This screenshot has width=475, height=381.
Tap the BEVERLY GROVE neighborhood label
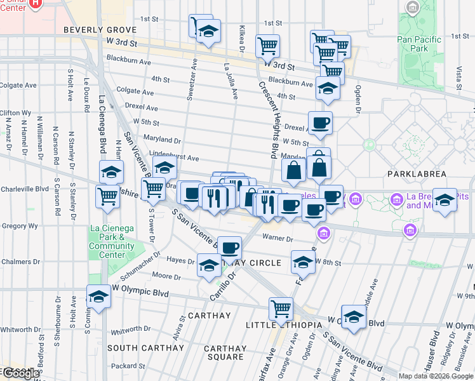click(x=100, y=30)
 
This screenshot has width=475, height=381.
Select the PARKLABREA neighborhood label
click(x=416, y=173)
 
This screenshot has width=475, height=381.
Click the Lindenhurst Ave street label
click(x=174, y=157)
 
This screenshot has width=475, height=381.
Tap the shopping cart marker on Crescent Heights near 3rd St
click(x=268, y=45)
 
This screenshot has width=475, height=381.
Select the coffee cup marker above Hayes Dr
click(x=229, y=246)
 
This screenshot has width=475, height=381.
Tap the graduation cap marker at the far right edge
click(x=445, y=199)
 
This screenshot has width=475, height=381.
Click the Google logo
click(x=20, y=373)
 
